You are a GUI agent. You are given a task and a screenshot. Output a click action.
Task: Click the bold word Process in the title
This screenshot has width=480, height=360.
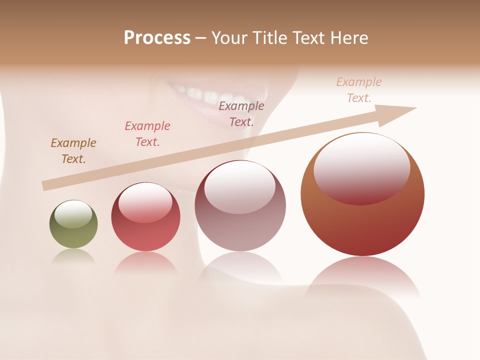tap(157, 38)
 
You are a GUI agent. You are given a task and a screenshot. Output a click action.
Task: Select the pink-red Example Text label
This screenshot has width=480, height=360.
tap(147, 134)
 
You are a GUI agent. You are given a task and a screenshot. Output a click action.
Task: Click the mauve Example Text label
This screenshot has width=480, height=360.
tap(241, 114)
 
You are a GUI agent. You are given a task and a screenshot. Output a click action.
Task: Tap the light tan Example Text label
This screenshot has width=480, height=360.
tap(359, 90)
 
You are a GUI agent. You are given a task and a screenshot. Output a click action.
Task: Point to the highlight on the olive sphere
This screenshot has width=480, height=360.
tap(73, 214)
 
